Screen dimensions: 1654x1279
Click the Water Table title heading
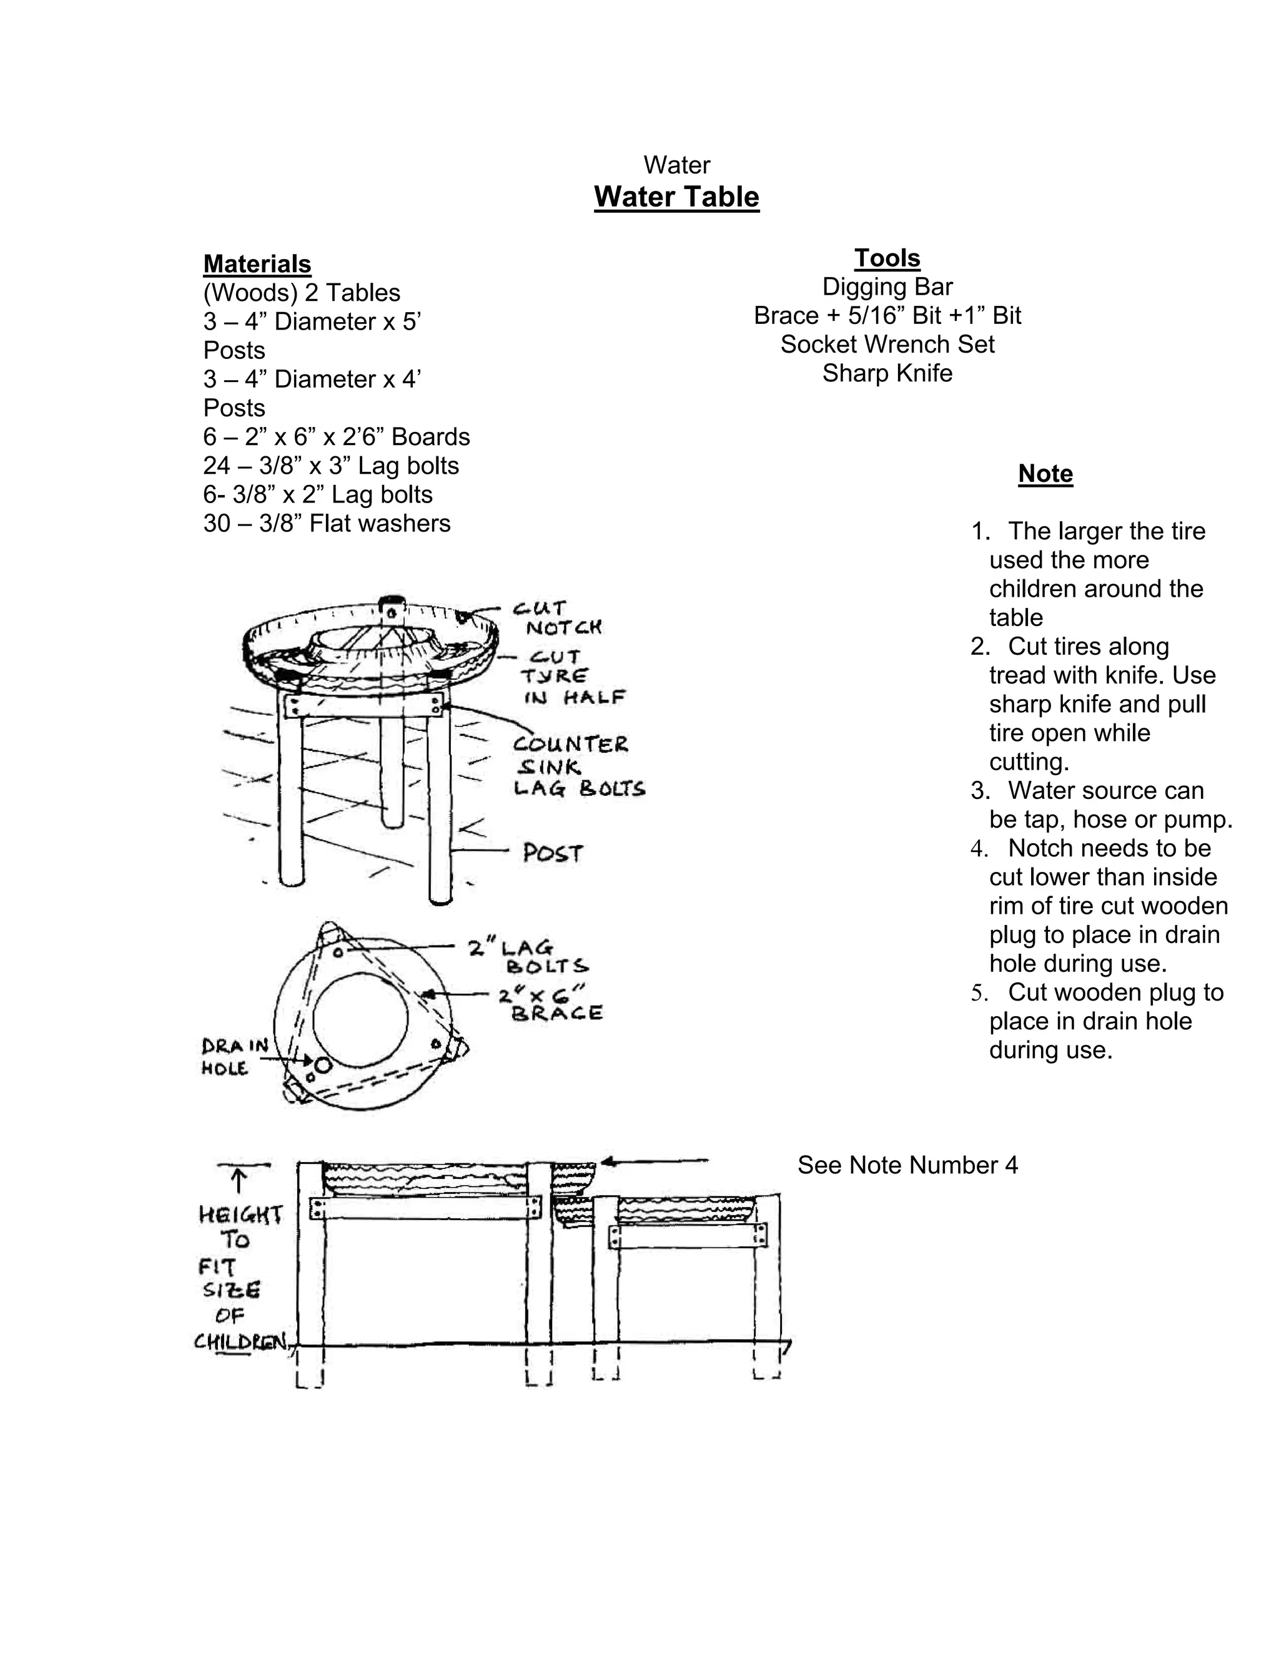tap(676, 197)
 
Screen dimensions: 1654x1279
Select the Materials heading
tap(257, 263)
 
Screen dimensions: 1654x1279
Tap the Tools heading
tap(887, 258)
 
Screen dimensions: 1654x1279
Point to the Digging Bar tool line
tap(887, 287)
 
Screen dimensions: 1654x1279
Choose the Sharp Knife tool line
tap(887, 373)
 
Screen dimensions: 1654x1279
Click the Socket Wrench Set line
tap(887, 345)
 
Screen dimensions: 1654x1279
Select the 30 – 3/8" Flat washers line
tap(327, 523)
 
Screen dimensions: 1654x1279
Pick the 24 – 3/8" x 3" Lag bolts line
tap(331, 466)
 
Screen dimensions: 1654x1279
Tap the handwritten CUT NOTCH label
tap(557, 618)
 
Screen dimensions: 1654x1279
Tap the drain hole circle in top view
tap(323, 1065)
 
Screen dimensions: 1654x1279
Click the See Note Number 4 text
tap(907, 1165)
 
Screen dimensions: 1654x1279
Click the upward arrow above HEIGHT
tap(239, 1180)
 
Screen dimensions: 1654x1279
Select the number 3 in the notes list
tap(980, 791)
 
